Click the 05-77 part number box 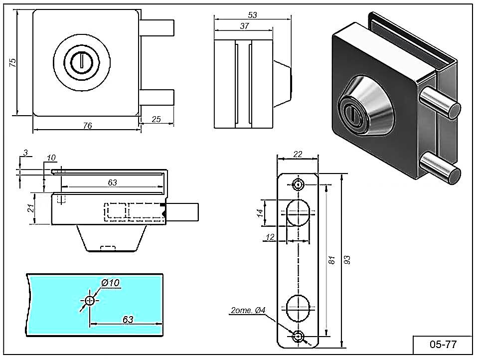click(443, 344)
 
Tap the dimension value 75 click(13, 62)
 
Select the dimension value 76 click(87, 126)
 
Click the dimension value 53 click(252, 15)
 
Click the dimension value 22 click(298, 155)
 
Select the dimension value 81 click(333, 260)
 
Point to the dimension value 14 click(259, 213)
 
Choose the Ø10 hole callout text click(110, 283)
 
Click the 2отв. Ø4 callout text click(248, 311)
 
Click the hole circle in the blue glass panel click(89, 301)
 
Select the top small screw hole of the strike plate click(298, 184)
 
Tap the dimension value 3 click(25, 152)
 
